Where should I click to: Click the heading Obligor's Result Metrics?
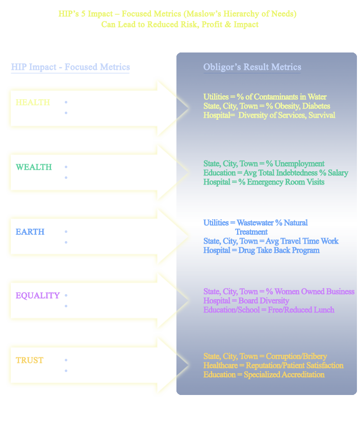click(252, 67)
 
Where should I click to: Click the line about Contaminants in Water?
click(265, 97)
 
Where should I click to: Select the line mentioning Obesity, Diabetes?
click(266, 106)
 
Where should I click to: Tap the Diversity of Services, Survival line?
click(269, 115)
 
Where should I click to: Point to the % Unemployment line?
click(264, 164)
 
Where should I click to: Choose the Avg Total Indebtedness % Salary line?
click(275, 173)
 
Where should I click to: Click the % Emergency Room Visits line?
click(264, 182)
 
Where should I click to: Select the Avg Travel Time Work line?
click(271, 241)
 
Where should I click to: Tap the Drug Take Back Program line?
click(261, 250)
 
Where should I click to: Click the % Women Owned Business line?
click(278, 292)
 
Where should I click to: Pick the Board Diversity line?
click(246, 301)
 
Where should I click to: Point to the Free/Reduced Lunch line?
click(269, 310)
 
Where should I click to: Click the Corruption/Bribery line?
click(265, 356)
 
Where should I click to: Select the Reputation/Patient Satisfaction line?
click(273, 365)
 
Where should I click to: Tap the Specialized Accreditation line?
click(264, 375)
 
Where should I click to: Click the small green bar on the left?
click(34, 167)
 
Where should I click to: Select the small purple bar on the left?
click(38, 296)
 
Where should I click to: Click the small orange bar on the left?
click(30, 360)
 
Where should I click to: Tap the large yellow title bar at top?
click(177, 19)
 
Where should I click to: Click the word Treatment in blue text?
click(251, 232)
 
